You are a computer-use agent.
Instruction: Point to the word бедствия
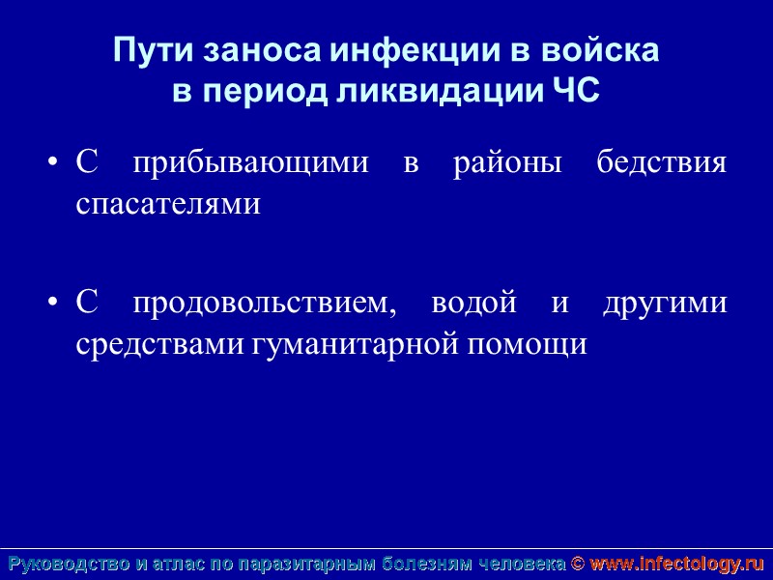tap(661, 163)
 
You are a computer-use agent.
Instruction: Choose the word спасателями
tap(168, 204)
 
